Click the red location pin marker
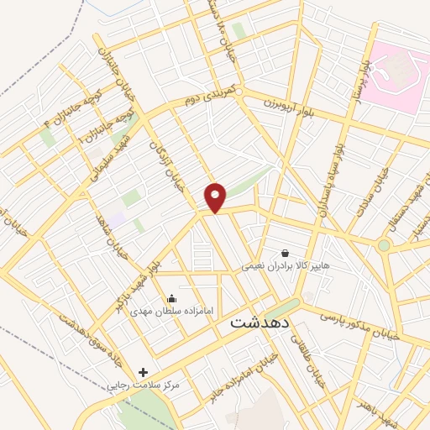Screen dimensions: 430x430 tap(216, 197)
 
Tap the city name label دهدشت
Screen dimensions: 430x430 tap(261, 322)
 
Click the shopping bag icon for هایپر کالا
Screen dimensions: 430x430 tap(286, 253)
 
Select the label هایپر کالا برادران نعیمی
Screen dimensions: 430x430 tap(281, 265)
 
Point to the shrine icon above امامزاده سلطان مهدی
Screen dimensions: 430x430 tap(172, 298)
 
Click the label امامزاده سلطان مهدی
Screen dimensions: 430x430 tap(171, 311)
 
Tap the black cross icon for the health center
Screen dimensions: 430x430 tap(143, 372)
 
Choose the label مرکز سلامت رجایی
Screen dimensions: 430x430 tap(144, 385)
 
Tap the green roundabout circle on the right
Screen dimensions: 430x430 tap(384, 246)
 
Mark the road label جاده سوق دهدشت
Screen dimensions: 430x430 tap(84, 332)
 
